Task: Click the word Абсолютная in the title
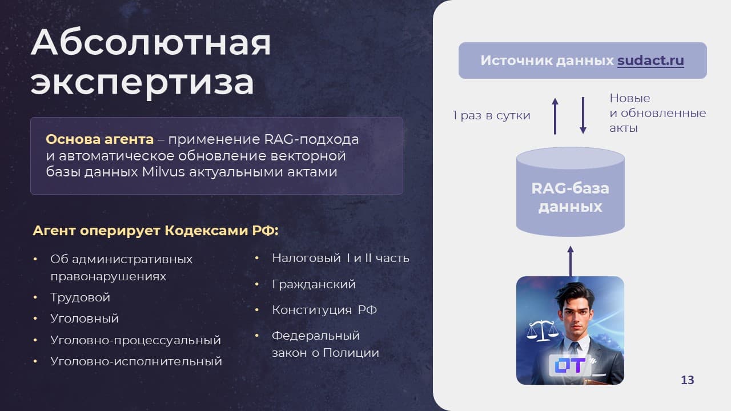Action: tap(151, 42)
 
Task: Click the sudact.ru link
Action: tap(650, 61)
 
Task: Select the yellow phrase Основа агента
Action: tap(99, 139)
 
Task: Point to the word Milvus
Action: tap(163, 172)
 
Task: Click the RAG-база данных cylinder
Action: tap(570, 192)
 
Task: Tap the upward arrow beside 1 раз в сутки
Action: tap(555, 116)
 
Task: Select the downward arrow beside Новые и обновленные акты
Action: tap(583, 115)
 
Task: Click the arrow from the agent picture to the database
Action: tap(571, 261)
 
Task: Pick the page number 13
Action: tap(687, 380)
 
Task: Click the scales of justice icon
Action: tap(543, 331)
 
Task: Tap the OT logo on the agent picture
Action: tap(570, 365)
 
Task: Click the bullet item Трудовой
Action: tap(81, 297)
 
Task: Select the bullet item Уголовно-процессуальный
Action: tap(135, 340)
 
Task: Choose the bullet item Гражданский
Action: tap(314, 284)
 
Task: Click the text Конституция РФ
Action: tap(324, 310)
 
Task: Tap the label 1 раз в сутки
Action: tap(492, 115)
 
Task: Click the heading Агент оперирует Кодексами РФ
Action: tap(156, 231)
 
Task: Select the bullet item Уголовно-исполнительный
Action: tap(136, 361)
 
